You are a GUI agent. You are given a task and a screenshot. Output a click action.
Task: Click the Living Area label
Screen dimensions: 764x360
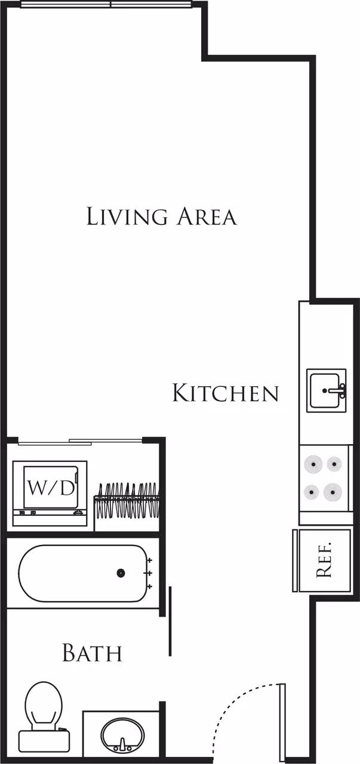(161, 216)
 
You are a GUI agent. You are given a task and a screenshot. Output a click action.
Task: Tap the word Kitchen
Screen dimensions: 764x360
(225, 393)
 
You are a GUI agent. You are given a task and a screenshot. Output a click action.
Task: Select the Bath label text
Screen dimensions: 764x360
(92, 653)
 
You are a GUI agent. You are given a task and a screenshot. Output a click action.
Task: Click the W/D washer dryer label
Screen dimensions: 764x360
(51, 488)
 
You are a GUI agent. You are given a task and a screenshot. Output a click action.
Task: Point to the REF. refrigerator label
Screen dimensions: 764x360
(324, 561)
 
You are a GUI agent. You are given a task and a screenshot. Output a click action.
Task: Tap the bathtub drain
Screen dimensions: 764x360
(121, 573)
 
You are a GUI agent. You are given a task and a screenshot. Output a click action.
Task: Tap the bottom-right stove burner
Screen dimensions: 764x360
(333, 492)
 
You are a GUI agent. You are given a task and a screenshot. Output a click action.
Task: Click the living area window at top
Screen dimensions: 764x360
(106, 5)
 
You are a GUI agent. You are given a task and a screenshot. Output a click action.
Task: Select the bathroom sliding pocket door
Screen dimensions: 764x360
(170, 621)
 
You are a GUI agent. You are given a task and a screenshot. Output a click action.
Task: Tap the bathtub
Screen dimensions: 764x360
(82, 573)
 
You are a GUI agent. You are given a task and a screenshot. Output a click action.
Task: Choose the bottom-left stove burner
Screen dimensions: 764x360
(312, 492)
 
